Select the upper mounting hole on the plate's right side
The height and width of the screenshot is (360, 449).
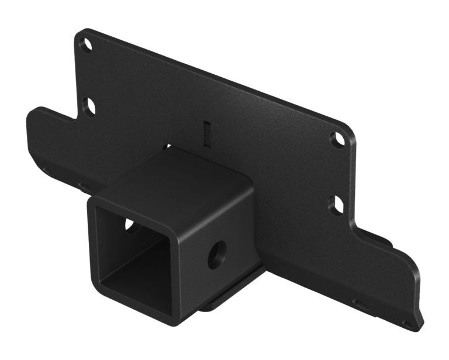coord(337,139)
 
